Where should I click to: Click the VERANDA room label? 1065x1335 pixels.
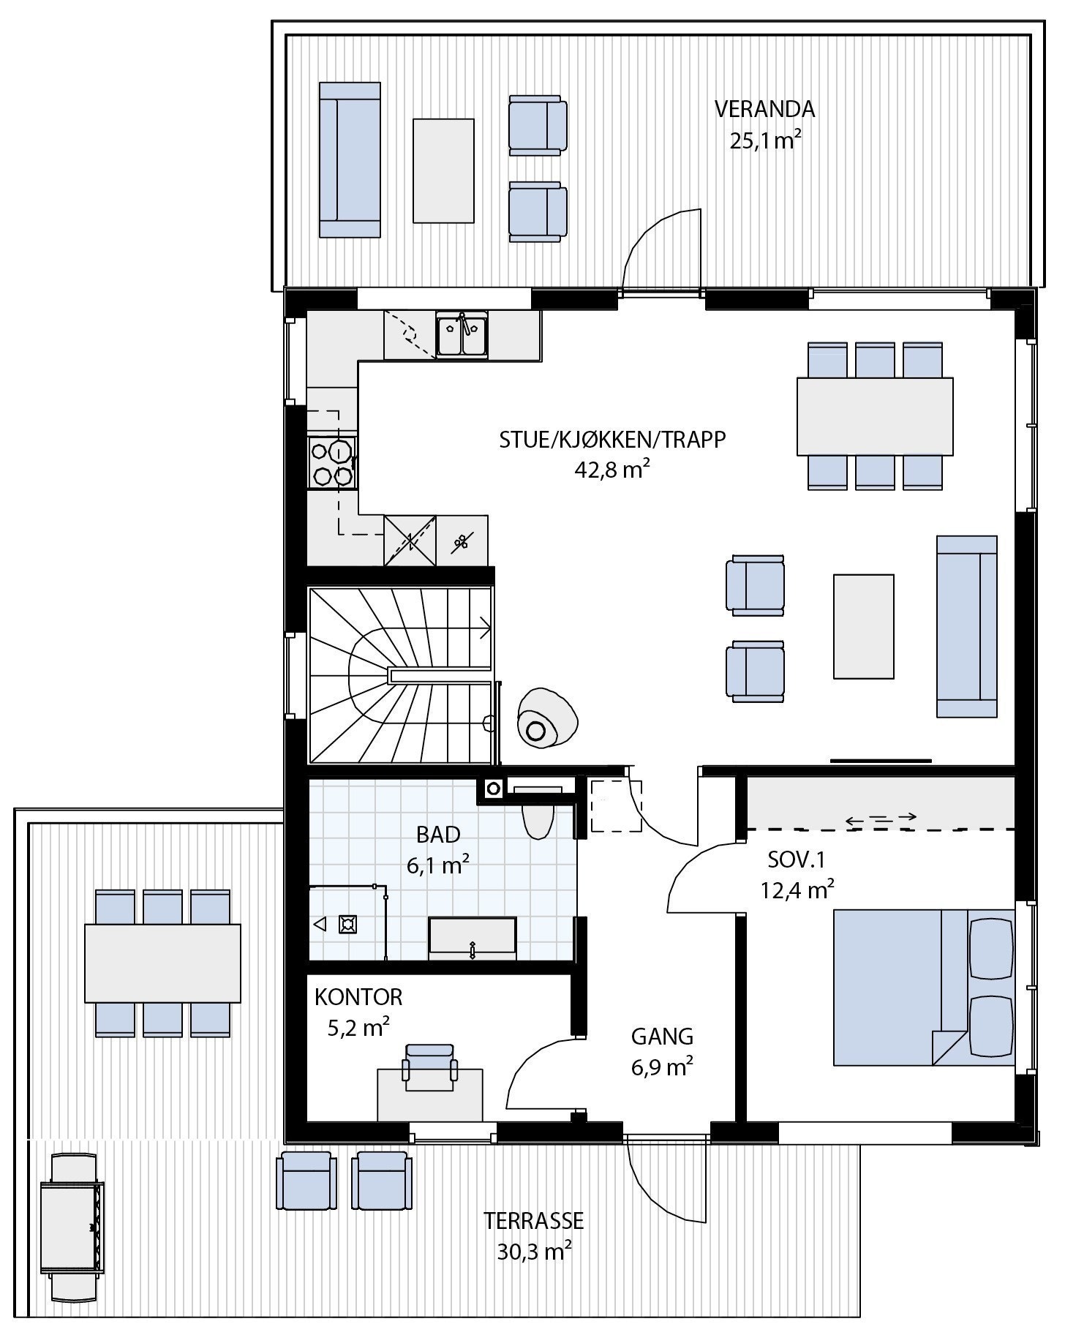(764, 109)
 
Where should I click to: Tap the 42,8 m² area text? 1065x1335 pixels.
(612, 470)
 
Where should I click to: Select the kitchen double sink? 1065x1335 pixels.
(462, 336)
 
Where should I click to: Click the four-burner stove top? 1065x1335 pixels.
(331, 462)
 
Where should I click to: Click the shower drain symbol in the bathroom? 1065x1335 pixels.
(347, 925)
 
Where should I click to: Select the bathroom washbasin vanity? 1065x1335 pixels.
(472, 939)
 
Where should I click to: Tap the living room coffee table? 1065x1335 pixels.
(863, 626)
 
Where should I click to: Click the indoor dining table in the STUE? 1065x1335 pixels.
(875, 415)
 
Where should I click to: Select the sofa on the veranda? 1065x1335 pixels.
(350, 159)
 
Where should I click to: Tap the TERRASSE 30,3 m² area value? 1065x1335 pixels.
(534, 1252)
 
